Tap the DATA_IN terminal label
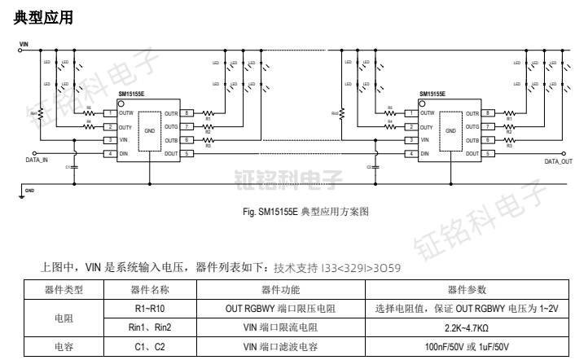[x=37, y=161]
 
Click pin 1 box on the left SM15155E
[x=109, y=113]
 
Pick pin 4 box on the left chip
[x=109, y=153]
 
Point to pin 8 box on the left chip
[x=187, y=113]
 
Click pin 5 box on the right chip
[x=490, y=153]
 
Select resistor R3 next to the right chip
[x=511, y=140]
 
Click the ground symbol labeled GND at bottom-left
[x=22, y=193]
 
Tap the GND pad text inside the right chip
[x=451, y=130]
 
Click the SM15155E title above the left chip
[x=133, y=94]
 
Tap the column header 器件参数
[x=467, y=288]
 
